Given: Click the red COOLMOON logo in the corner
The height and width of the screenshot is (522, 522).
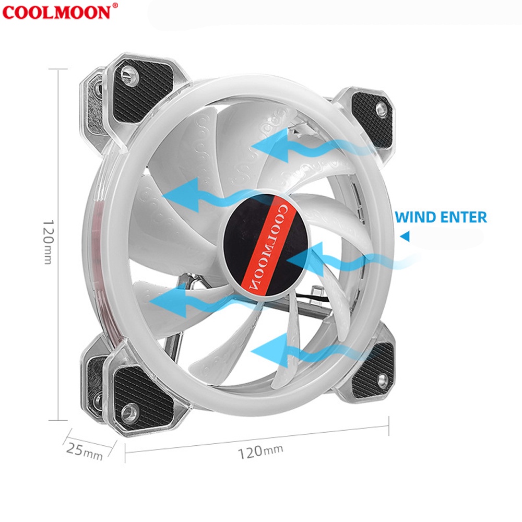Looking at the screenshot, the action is click(56, 11).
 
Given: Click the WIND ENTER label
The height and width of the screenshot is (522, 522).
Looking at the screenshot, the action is click(441, 217).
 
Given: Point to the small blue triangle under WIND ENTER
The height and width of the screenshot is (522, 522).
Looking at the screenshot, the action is click(405, 237).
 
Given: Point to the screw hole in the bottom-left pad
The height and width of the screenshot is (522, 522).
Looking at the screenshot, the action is click(131, 413).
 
